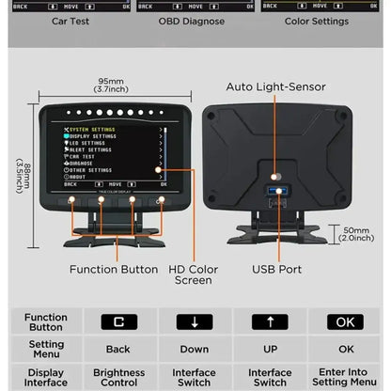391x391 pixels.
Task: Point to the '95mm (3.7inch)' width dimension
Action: click(x=112, y=85)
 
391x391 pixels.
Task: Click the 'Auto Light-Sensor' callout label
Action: click(x=275, y=86)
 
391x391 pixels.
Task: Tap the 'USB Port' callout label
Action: click(x=276, y=269)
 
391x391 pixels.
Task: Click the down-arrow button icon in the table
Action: click(x=195, y=321)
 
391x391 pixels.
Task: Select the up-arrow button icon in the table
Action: click(x=270, y=321)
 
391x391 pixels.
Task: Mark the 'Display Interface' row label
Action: click(x=46, y=377)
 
